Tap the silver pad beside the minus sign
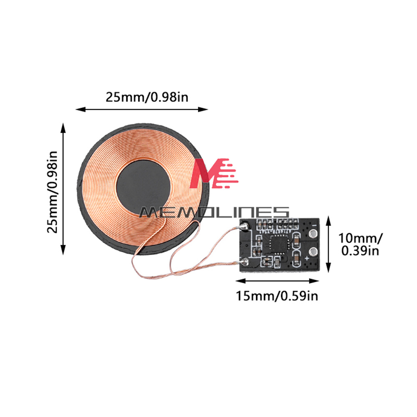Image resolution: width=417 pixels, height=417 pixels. point(313,234)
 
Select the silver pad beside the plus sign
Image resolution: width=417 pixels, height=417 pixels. point(313,251)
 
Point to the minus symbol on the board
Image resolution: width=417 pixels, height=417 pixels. point(314,225)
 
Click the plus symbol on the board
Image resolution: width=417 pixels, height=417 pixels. point(307,258)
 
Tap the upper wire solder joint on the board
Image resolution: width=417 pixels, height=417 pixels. point(244,226)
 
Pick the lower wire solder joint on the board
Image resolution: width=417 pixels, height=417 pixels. point(244,261)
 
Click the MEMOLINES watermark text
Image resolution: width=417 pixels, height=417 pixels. point(214,212)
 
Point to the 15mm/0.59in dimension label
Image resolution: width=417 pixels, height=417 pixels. point(277,296)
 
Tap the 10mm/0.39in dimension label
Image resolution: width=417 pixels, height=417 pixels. point(360,244)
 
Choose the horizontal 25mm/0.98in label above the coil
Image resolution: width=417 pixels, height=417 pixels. point(147,97)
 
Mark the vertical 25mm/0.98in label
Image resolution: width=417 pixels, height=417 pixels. point(52,192)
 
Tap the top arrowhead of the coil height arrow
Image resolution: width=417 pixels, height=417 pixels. point(63,128)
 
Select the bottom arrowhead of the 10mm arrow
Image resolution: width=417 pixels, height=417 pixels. point(329,267)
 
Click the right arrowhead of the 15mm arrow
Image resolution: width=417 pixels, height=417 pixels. point(314,281)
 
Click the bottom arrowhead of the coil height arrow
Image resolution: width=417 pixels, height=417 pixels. point(63,250)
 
